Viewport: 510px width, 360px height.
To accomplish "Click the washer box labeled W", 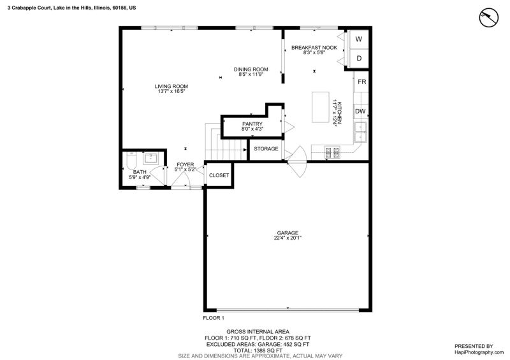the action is pyautogui.click(x=358, y=40).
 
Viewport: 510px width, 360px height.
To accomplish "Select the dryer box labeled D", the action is pyautogui.click(x=358, y=59).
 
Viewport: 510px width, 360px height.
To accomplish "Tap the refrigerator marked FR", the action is pyautogui.click(x=361, y=82).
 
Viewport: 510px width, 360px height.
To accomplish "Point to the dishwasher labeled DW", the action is pyautogui.click(x=360, y=112).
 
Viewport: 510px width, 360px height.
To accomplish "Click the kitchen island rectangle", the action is pyautogui.click(x=321, y=107).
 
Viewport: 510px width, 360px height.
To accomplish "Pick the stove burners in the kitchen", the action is pyautogui.click(x=332, y=152).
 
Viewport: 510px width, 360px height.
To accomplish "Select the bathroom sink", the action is pyautogui.click(x=150, y=159).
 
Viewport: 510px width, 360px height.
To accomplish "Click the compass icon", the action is pyautogui.click(x=488, y=17).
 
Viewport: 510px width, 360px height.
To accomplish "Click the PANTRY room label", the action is pyautogui.click(x=252, y=124).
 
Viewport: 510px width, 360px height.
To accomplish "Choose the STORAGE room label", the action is pyautogui.click(x=266, y=148).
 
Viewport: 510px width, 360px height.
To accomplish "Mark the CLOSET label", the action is pyautogui.click(x=219, y=175).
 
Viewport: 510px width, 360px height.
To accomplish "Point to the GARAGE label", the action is pyautogui.click(x=288, y=233).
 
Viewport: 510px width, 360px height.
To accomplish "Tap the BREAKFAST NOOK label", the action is pyautogui.click(x=314, y=48).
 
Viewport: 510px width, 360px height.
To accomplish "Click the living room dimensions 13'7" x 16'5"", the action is pyautogui.click(x=171, y=91).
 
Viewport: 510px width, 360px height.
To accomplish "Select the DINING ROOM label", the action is pyautogui.click(x=251, y=69).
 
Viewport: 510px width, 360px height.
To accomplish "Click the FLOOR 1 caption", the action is pyautogui.click(x=214, y=318).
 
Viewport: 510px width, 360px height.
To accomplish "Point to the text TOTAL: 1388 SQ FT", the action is pyautogui.click(x=258, y=350).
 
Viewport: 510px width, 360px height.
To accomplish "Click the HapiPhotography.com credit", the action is pyautogui.click(x=479, y=352).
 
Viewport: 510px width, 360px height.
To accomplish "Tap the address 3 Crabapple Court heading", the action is pyautogui.click(x=71, y=8).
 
